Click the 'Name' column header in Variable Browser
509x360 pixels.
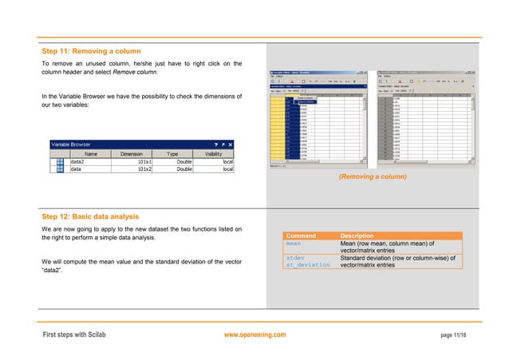[x=91, y=153]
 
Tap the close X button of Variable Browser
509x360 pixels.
[x=231, y=144]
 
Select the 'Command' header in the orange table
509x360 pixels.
[x=302, y=236]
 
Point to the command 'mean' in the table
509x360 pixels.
[x=294, y=244]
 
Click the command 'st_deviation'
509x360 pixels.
[x=307, y=265]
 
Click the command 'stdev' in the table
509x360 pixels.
[x=295, y=258]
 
